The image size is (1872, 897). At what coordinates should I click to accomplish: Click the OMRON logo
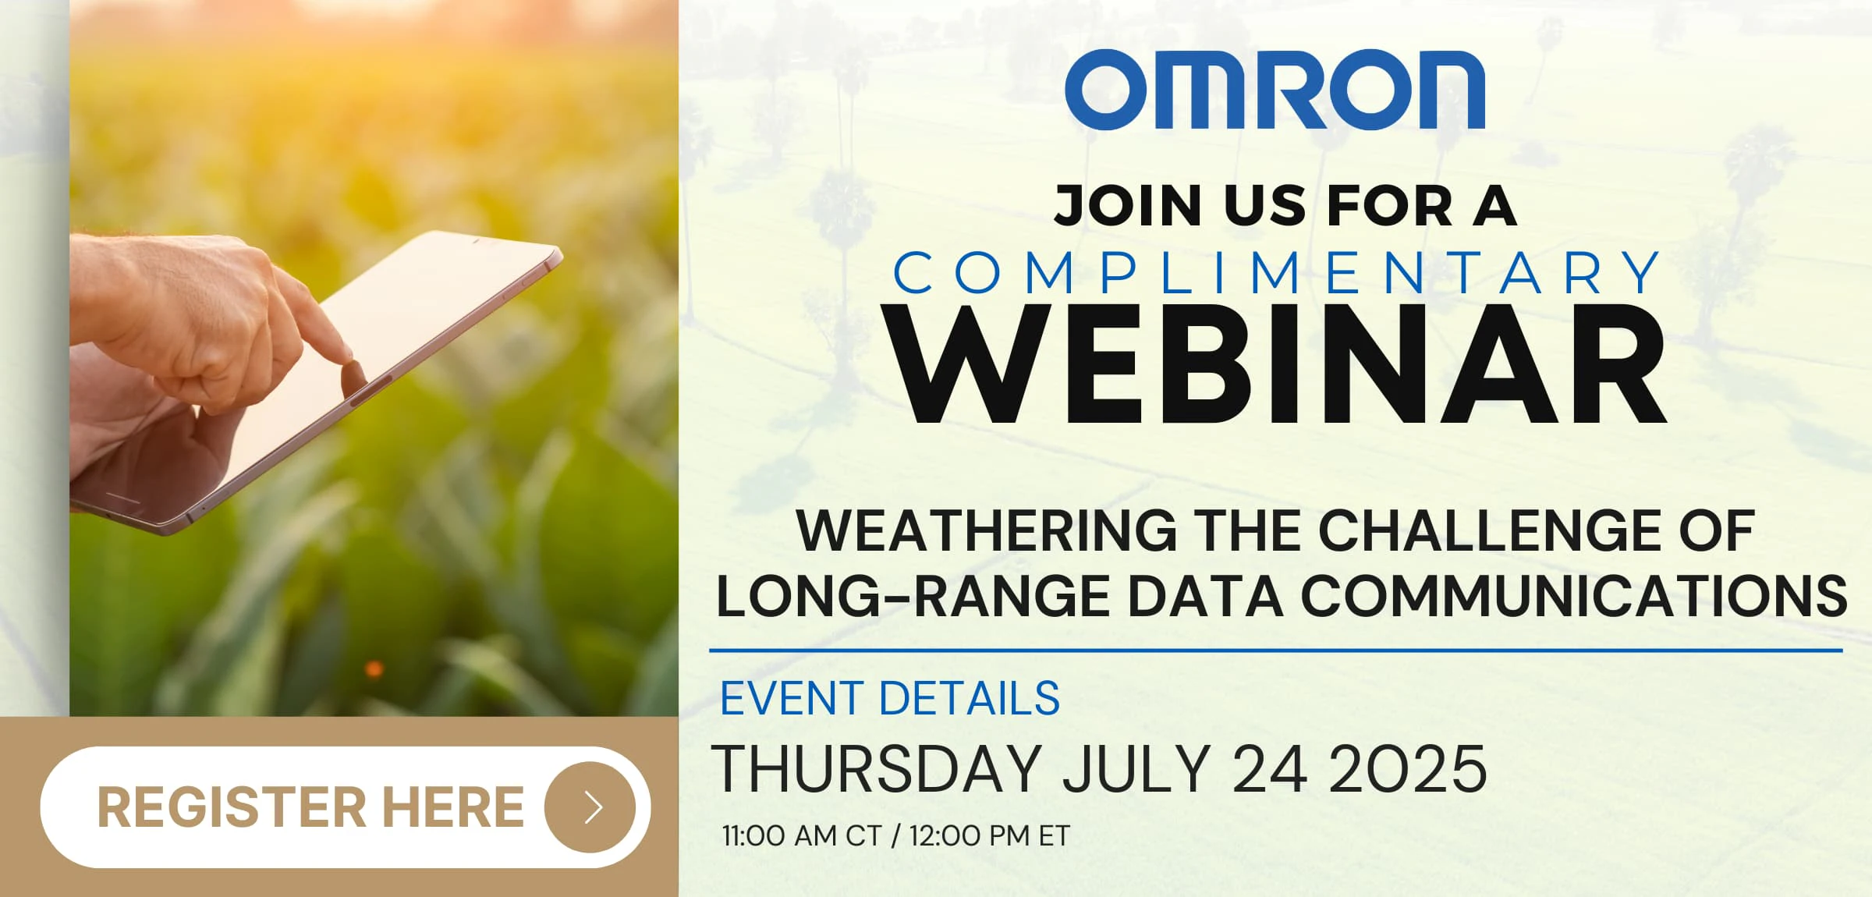click(1275, 89)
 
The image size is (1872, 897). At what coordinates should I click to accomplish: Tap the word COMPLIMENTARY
click(1276, 273)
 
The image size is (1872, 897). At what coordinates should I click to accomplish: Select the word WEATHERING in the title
click(987, 531)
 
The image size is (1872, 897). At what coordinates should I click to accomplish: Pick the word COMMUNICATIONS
click(1574, 597)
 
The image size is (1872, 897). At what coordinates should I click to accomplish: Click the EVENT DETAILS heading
click(889, 697)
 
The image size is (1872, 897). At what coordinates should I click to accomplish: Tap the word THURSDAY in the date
click(877, 769)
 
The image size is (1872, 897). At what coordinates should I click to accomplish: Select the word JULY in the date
click(1136, 769)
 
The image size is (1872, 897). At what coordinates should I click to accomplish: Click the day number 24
click(1270, 769)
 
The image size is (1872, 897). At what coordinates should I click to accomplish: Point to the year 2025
click(1408, 769)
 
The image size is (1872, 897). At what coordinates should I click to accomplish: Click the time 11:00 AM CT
click(802, 836)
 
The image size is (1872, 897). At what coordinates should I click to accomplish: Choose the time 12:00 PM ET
click(990, 836)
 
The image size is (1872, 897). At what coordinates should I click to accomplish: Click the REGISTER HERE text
click(310, 807)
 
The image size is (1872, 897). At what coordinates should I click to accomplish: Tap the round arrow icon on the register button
click(590, 807)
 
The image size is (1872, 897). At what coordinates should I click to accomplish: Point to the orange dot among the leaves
click(374, 668)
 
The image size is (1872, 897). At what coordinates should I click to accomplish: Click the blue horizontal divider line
click(1276, 650)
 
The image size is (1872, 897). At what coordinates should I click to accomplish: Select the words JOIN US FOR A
click(1285, 206)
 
